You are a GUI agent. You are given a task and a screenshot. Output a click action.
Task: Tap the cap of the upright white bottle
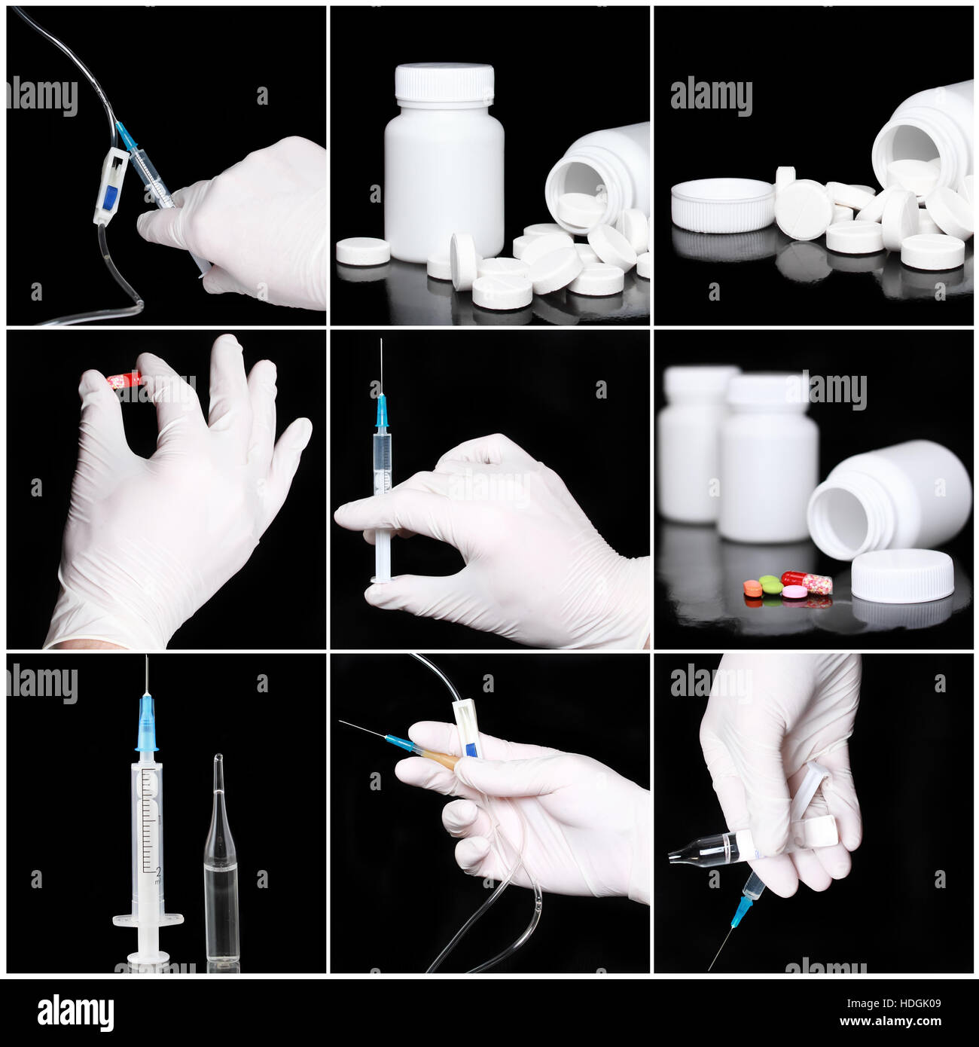[x=445, y=81]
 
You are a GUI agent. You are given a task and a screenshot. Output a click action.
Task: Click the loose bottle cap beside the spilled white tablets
[x=722, y=203]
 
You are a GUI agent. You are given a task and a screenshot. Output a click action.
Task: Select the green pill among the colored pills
[x=768, y=584]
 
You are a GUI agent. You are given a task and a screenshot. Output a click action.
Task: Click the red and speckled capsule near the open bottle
[x=807, y=580]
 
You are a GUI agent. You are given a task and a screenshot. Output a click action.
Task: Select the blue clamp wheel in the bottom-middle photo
[x=469, y=750]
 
